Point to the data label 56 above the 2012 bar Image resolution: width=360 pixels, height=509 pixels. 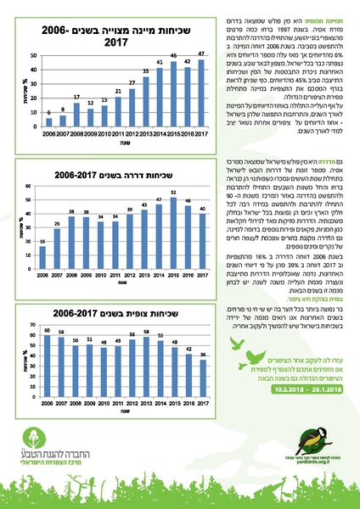tap(132, 333)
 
